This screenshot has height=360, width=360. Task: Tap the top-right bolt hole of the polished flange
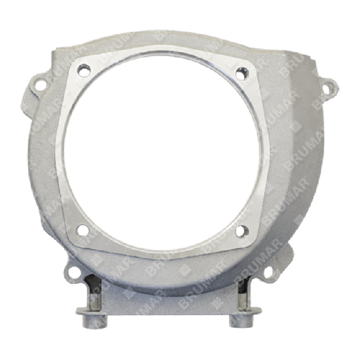[x=242, y=72]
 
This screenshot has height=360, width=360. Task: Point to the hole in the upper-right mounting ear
[x=328, y=89]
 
